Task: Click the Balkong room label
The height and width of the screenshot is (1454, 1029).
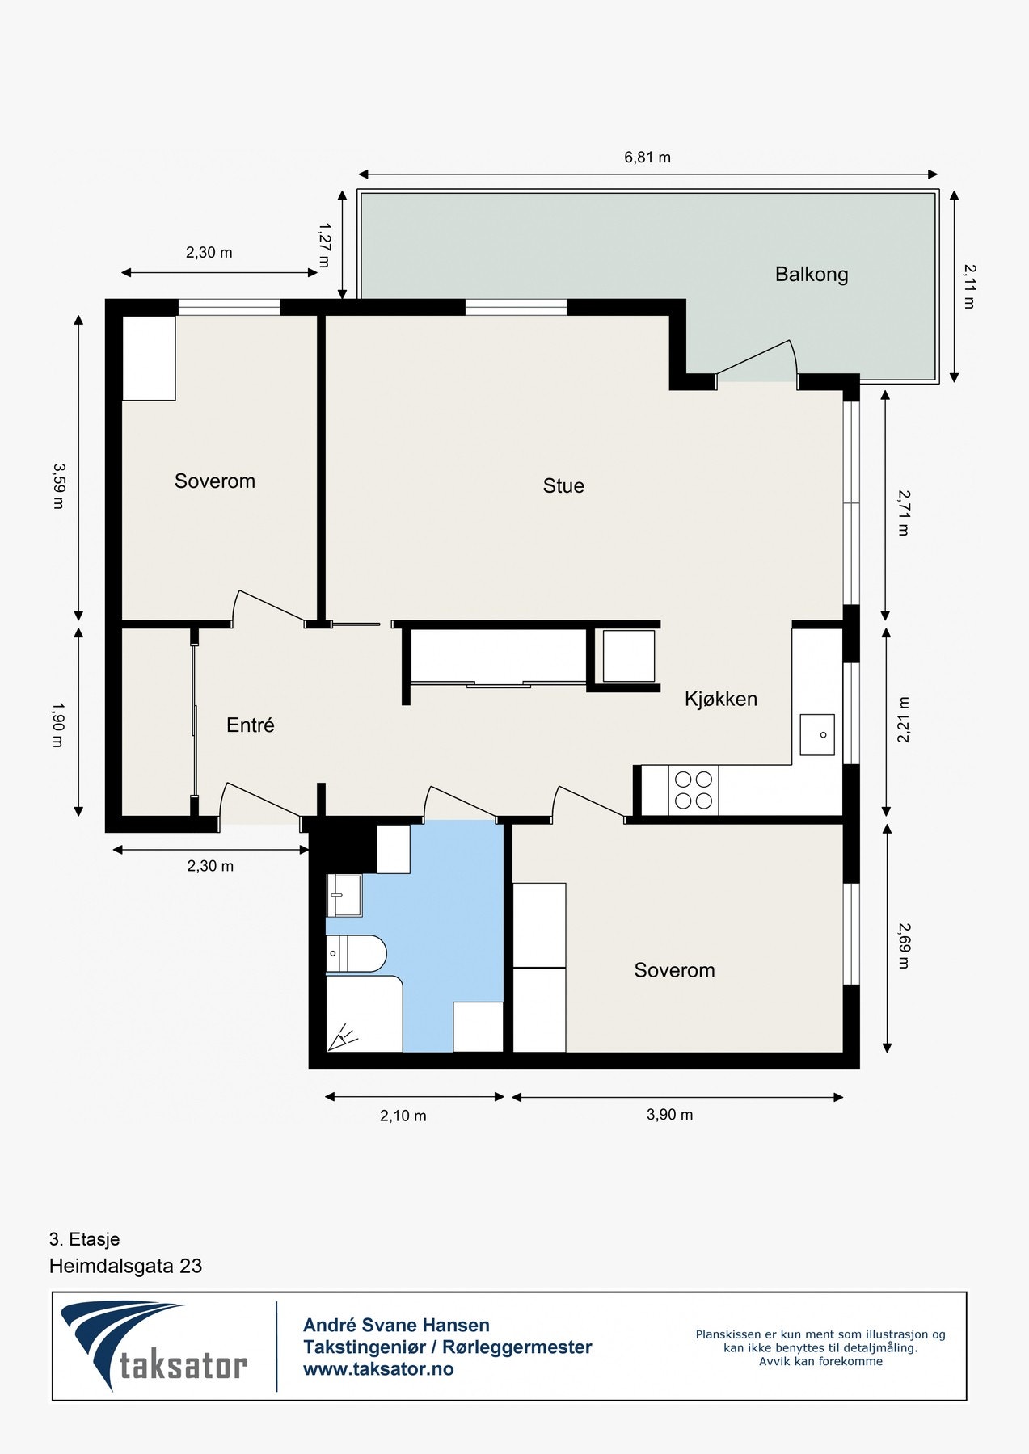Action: (811, 275)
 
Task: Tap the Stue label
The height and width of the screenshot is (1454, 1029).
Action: (563, 485)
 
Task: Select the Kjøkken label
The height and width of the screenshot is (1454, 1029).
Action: (720, 699)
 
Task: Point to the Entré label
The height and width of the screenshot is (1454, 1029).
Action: (250, 725)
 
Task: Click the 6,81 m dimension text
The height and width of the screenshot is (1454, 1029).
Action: (647, 158)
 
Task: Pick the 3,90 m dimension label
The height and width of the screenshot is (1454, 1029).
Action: (669, 1115)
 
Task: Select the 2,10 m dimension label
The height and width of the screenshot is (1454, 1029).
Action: (403, 1116)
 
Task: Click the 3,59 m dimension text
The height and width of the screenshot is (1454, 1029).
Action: (57, 485)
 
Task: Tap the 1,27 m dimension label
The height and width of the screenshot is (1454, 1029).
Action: (324, 246)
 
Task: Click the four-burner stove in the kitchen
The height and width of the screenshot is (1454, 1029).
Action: (694, 790)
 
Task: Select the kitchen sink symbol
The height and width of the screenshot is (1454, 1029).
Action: (816, 734)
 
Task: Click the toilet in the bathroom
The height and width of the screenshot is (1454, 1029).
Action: (356, 954)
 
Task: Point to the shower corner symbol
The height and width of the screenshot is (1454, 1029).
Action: (344, 1036)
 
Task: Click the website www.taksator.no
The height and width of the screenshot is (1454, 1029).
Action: (377, 1369)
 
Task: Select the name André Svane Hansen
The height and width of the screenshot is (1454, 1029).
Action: (396, 1325)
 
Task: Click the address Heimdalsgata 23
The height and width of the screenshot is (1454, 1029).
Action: (125, 1266)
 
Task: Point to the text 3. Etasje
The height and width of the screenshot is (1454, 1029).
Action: (84, 1239)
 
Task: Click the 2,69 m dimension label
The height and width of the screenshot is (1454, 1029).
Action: (903, 946)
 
